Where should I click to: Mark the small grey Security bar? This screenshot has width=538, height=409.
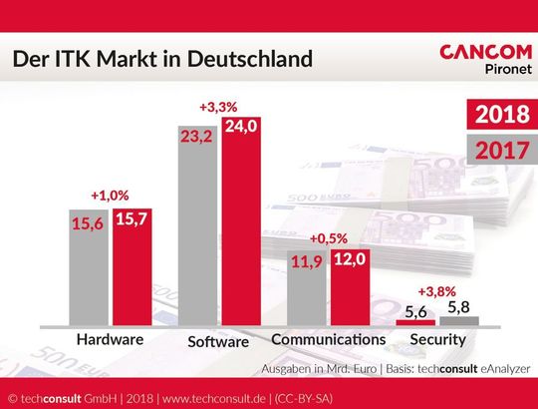point(459,321)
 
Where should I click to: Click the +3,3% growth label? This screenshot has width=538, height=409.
point(219,107)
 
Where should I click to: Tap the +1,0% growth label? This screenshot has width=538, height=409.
point(111,196)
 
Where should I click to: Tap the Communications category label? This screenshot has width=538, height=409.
point(328,340)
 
